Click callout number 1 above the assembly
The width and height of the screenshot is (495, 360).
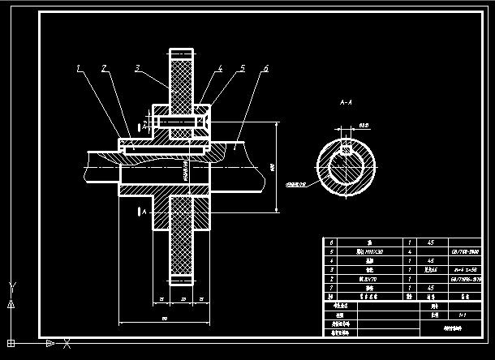point(79,69)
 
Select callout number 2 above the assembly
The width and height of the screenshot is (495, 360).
point(105,69)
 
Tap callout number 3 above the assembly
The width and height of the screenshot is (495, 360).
point(138,68)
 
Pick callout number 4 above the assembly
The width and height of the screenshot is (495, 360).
point(219,69)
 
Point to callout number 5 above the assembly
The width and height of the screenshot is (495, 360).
point(242,69)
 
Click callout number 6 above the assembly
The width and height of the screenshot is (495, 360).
point(265,69)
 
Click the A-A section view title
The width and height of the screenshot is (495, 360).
point(346,103)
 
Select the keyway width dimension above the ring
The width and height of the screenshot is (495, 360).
point(364,126)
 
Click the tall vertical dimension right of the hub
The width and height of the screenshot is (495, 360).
point(273,167)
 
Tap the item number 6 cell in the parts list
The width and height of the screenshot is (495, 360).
point(330,242)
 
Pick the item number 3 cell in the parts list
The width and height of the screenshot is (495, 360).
point(330,269)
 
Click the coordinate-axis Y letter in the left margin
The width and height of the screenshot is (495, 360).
point(11,286)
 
